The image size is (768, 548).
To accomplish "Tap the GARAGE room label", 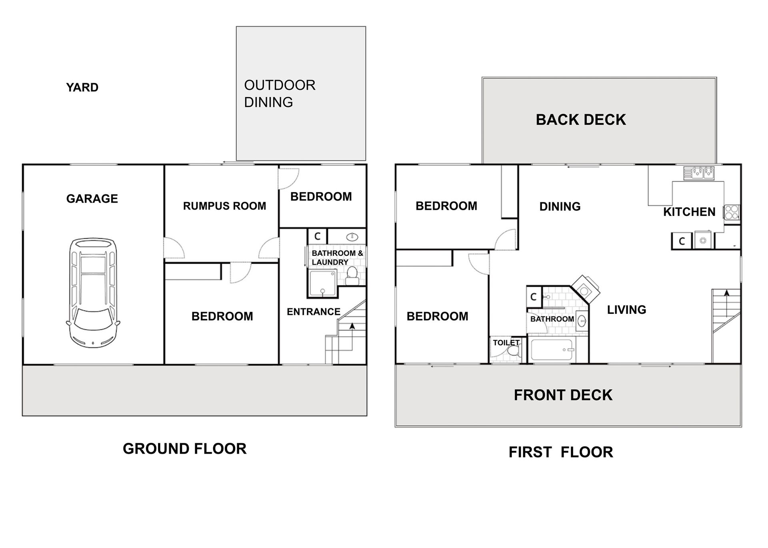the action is [92, 199].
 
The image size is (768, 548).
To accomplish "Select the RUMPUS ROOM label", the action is [224, 206].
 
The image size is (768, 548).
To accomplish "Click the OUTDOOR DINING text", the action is [280, 94].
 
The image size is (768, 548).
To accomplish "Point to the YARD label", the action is [82, 88].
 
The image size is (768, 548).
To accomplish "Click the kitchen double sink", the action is [703, 172].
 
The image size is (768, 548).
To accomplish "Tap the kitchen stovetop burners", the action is [732, 212].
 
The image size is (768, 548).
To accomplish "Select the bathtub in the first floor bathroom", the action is [553, 350].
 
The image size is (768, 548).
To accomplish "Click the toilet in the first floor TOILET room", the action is [514, 352].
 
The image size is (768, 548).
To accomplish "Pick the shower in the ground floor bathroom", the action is [322, 283].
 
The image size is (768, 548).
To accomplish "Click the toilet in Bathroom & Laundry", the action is [352, 275].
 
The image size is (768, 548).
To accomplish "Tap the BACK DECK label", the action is [580, 120].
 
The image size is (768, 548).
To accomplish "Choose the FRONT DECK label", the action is [563, 395].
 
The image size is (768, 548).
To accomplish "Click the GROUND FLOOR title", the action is [184, 449].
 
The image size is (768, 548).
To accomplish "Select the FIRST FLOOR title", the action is [561, 452].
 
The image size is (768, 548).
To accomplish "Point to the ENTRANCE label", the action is [313, 312].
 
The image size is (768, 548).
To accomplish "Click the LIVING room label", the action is [626, 310].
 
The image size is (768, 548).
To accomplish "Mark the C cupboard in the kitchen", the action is [682, 241].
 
